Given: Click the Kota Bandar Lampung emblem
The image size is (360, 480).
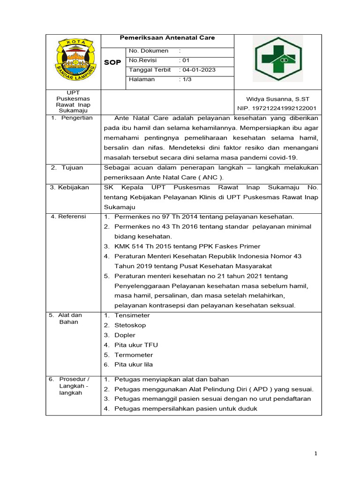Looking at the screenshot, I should click(x=73, y=61).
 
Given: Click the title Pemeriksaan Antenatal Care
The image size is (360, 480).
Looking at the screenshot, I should click(x=167, y=38).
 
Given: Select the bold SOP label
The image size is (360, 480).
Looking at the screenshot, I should click(x=112, y=62).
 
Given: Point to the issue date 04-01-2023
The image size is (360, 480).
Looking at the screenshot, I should click(x=199, y=70).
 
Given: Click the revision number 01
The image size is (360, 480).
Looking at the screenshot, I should click(x=186, y=60).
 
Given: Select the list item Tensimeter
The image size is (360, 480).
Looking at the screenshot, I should click(x=132, y=315).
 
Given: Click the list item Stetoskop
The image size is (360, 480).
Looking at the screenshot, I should click(x=130, y=325).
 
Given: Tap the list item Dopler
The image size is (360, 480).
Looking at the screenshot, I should click(x=125, y=335).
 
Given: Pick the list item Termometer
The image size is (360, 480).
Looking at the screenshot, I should click(x=134, y=355).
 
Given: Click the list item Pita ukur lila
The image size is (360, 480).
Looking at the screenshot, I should click(x=134, y=364).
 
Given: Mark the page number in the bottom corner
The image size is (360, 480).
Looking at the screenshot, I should click(x=316, y=453).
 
